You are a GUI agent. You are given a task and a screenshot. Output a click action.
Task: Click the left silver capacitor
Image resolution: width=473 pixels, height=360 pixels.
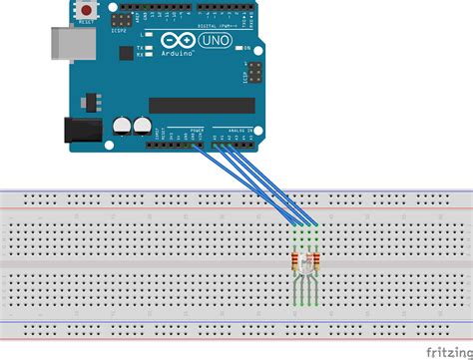(x=123, y=127)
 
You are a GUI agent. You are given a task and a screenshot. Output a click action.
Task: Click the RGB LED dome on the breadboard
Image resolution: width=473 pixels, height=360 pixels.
(x=301, y=263)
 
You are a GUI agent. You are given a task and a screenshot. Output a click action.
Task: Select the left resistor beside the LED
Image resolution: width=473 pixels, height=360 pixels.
(x=294, y=263)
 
